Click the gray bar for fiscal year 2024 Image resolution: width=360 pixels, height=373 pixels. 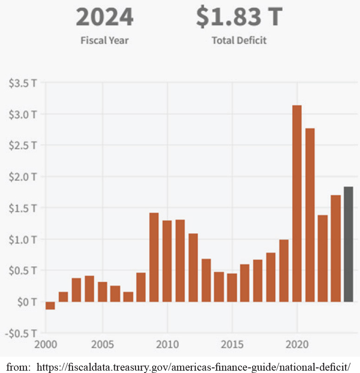[x=348, y=244]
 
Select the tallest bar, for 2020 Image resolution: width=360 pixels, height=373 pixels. [x=297, y=203]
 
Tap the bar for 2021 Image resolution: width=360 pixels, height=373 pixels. [x=310, y=215]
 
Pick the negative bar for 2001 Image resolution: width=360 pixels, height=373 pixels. [x=50, y=306]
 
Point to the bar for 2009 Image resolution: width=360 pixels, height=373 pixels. [x=154, y=257]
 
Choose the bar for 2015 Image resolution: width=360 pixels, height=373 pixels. [x=232, y=288]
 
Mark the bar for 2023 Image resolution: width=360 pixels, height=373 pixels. [x=336, y=249]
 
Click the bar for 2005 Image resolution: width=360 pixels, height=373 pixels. [x=102, y=292]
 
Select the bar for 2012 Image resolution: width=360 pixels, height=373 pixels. [x=193, y=268]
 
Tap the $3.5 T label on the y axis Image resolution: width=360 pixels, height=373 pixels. [x=23, y=83]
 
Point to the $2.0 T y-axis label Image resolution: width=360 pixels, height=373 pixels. [x=23, y=177]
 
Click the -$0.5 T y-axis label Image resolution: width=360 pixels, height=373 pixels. [x=21, y=334]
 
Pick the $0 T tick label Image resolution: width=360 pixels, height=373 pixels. [x=27, y=302]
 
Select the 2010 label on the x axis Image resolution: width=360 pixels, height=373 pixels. [x=167, y=345]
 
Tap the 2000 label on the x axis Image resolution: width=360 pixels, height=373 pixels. [x=46, y=345]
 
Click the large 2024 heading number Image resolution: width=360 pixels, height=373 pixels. [x=105, y=17]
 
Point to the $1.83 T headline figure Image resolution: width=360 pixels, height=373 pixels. [x=239, y=17]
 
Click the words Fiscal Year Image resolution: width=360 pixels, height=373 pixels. [x=105, y=40]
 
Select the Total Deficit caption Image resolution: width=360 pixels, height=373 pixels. [x=239, y=40]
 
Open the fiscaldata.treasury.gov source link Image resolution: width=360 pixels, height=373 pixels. [x=193, y=367]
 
